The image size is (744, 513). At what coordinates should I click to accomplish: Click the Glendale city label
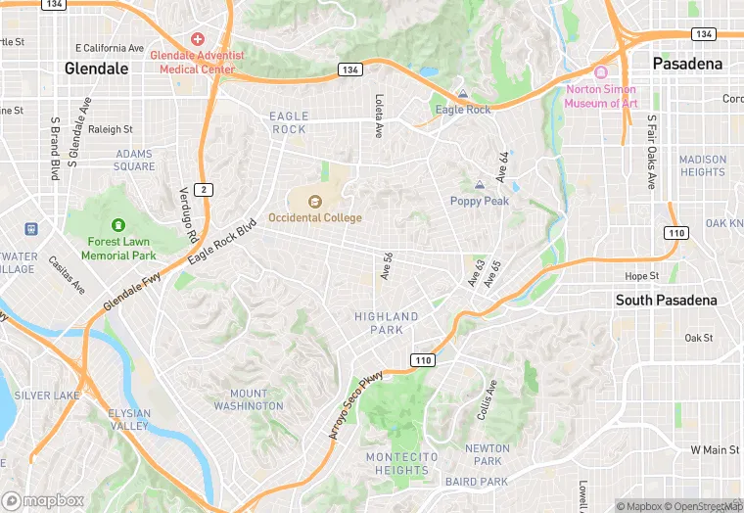pos(96,69)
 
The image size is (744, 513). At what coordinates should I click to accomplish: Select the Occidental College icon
pos(315,202)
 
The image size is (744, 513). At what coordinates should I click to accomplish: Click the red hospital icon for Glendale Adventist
pos(198,39)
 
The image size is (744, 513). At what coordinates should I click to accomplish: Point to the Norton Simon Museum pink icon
pos(601,72)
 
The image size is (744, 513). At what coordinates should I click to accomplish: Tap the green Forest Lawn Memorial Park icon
pos(118,225)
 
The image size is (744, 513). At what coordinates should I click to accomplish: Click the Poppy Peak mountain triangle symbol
pos(479,184)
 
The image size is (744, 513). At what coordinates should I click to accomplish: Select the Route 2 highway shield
pos(202,190)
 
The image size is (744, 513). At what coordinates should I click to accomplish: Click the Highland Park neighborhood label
pos(386,323)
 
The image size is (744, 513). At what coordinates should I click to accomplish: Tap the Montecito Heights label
pos(396,463)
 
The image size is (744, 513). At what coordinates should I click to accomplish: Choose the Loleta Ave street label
pos(379,116)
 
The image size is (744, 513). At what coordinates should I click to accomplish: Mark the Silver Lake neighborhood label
pos(46,396)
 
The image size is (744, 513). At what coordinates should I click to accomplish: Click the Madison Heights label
pos(703,165)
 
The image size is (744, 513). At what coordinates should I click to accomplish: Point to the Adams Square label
pos(134,160)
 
